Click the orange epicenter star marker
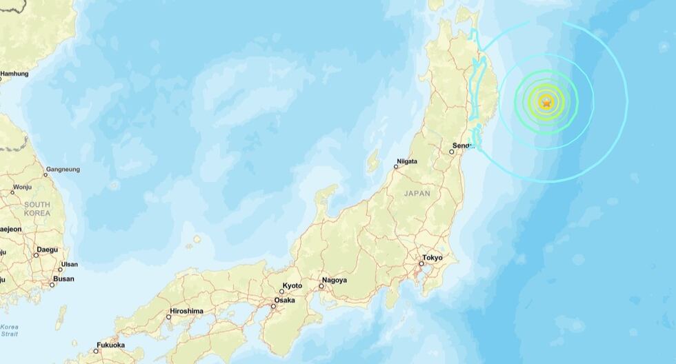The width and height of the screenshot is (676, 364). pyautogui.click(x=546, y=103)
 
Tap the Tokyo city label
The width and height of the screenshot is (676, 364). pyautogui.click(x=432, y=258)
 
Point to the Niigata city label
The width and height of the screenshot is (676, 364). pyautogui.click(x=407, y=164)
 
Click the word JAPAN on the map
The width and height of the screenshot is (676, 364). pyautogui.click(x=417, y=194)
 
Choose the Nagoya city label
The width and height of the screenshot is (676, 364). pyautogui.click(x=334, y=280)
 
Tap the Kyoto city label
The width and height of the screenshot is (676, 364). pyautogui.click(x=292, y=285)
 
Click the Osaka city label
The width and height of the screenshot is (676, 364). pyautogui.click(x=284, y=301)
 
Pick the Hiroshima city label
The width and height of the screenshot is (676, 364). pyautogui.click(x=186, y=311)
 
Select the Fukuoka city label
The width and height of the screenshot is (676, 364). pyautogui.click(x=110, y=345)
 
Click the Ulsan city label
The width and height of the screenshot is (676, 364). pyautogui.click(x=69, y=264)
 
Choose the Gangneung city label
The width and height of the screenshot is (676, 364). pyautogui.click(x=62, y=169)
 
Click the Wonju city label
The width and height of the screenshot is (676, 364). pyautogui.click(x=21, y=187)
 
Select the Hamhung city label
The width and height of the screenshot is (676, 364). pyautogui.click(x=14, y=73)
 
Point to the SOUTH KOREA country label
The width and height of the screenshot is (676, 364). pyautogui.click(x=37, y=209)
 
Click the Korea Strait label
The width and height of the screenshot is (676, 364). pyautogui.click(x=10, y=330)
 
